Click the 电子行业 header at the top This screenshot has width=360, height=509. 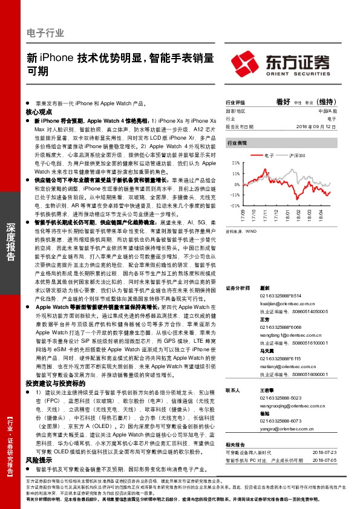[45, 33]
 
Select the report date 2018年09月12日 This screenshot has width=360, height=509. [315, 127]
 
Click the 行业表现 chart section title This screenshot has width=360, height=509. [237, 143]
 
